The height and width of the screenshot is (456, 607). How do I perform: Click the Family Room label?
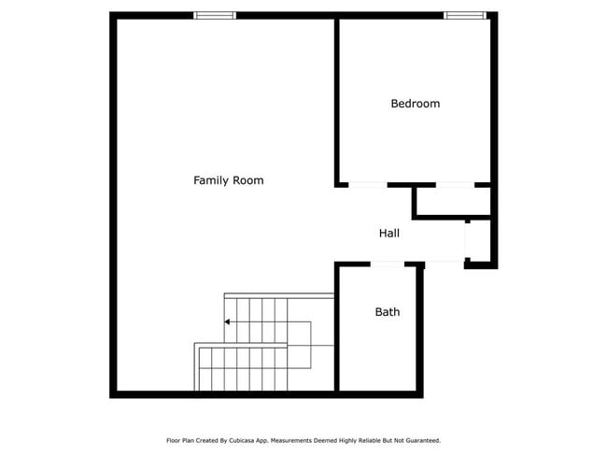[x=228, y=180]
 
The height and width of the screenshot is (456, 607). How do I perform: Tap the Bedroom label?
[x=415, y=104]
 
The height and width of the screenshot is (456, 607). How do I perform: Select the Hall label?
[x=389, y=233]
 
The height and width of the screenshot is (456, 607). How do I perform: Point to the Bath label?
[x=387, y=312]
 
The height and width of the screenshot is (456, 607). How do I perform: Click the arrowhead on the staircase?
[x=228, y=322]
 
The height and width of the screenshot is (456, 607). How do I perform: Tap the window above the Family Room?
[x=215, y=15]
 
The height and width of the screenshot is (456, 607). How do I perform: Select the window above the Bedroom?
[x=464, y=15]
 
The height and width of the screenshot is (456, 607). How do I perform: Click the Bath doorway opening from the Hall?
[x=387, y=264]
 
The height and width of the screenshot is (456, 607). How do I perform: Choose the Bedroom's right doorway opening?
[x=455, y=185]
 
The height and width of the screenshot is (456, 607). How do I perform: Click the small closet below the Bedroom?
[x=452, y=202]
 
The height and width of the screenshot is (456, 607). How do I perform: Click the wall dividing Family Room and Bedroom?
[x=336, y=98]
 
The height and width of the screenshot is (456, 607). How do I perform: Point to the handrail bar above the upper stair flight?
[x=279, y=295]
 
